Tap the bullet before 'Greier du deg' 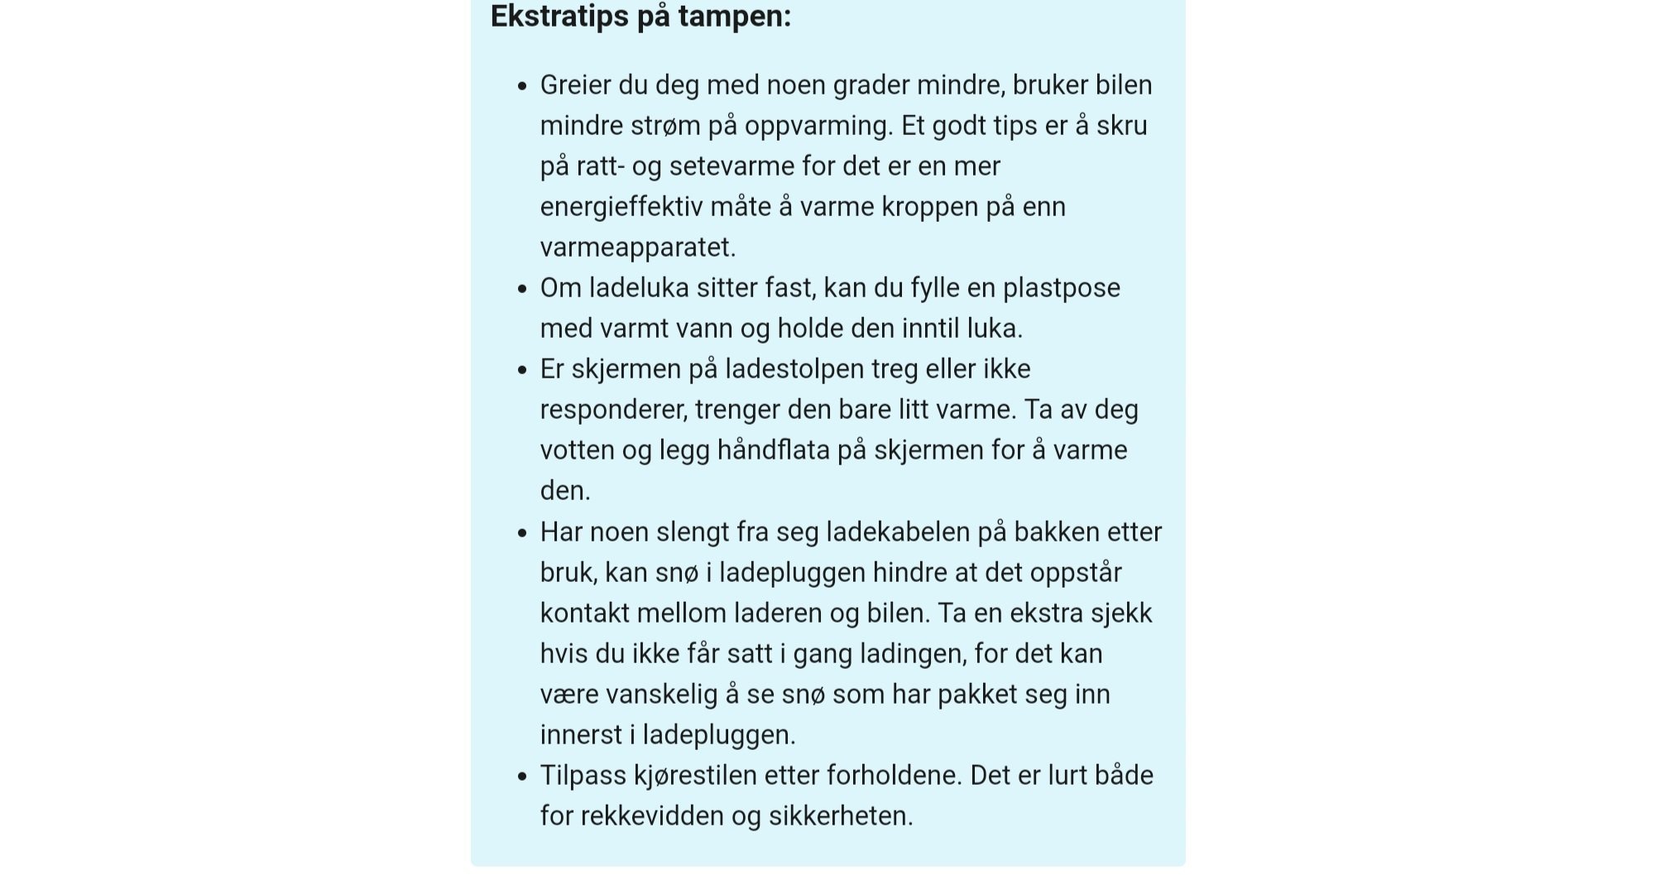521,86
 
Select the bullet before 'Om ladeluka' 521,289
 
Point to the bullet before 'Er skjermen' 521,370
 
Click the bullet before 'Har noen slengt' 521,533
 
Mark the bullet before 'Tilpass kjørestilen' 521,776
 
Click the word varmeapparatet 637,248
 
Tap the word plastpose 1061,288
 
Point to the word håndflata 773,450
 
